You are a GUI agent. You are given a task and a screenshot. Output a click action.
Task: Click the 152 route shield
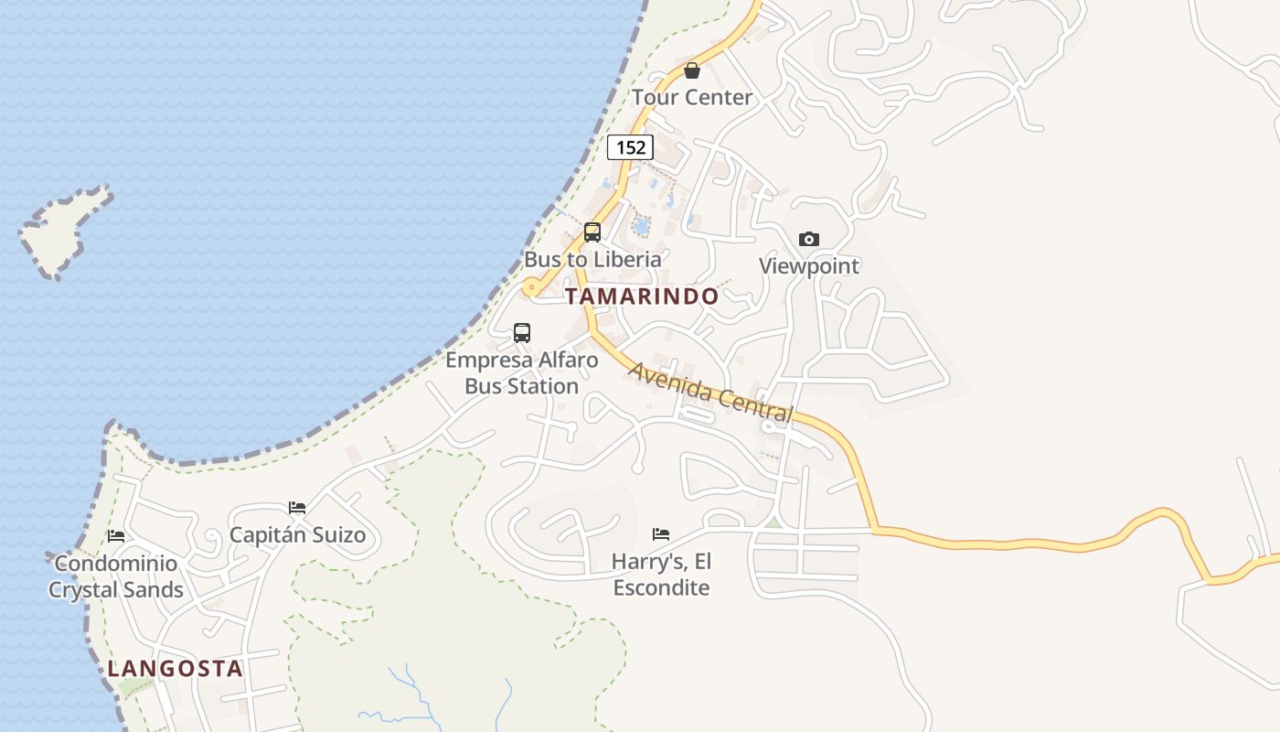(630, 146)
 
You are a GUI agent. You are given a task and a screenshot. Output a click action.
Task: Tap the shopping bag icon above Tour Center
(692, 70)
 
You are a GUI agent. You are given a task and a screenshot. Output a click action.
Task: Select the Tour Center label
(692, 97)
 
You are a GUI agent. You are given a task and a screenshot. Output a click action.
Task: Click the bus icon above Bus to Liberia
(592, 232)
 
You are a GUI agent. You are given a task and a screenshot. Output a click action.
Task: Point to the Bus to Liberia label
(592, 259)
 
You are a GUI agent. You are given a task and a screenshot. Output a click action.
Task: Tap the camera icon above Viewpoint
(809, 240)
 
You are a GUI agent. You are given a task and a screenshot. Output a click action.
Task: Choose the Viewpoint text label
(809, 266)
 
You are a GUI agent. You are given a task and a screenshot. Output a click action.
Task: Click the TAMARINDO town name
(642, 296)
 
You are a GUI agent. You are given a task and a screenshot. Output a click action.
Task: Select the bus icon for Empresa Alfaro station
(522, 333)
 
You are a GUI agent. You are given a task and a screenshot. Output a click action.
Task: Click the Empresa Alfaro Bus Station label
(522, 373)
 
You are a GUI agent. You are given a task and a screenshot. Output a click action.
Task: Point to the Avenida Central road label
(710, 393)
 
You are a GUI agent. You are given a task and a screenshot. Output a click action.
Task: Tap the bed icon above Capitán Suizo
(297, 508)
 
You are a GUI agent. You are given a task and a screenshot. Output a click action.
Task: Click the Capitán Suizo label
(297, 534)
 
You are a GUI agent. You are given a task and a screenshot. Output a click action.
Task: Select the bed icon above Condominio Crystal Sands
(116, 536)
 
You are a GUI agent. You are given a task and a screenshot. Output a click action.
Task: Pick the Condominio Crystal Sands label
(116, 576)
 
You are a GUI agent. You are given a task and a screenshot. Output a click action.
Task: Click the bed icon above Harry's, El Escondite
(661, 534)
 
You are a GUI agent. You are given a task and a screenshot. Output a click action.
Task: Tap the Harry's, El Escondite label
(661, 574)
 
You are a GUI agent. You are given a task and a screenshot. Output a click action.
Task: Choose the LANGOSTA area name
(176, 668)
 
